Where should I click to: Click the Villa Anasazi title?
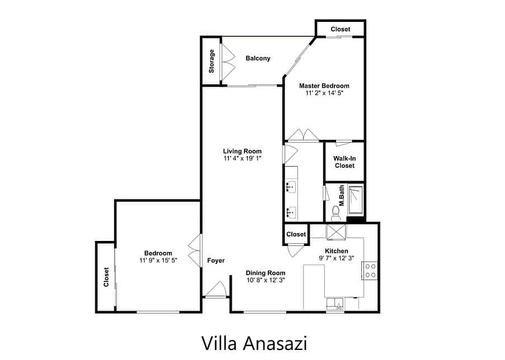click(254, 343)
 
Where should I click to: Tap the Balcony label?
click(258, 58)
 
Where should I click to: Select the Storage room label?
click(212, 61)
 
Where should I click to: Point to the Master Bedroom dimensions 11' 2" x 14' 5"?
click(324, 93)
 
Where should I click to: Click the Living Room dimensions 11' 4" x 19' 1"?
click(242, 158)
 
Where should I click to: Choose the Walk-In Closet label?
click(345, 162)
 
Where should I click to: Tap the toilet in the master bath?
click(336, 213)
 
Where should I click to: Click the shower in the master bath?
click(355, 200)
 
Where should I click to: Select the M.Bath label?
click(342, 195)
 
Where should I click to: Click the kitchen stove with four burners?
click(370, 271)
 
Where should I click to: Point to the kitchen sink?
click(336, 304)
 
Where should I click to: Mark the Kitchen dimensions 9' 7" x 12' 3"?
click(336, 258)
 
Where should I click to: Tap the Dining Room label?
click(265, 273)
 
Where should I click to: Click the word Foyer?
click(216, 261)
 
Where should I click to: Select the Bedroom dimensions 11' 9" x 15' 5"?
click(158, 260)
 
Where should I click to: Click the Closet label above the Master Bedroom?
click(340, 29)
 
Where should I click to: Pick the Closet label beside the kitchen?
click(296, 234)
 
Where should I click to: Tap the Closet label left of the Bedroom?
click(106, 277)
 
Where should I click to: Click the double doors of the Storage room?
click(227, 61)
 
